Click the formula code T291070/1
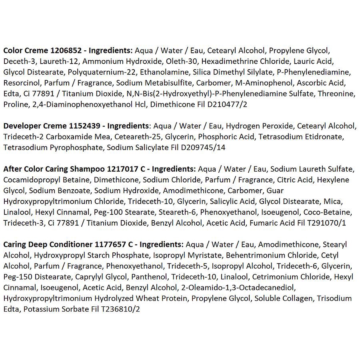(322, 223)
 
